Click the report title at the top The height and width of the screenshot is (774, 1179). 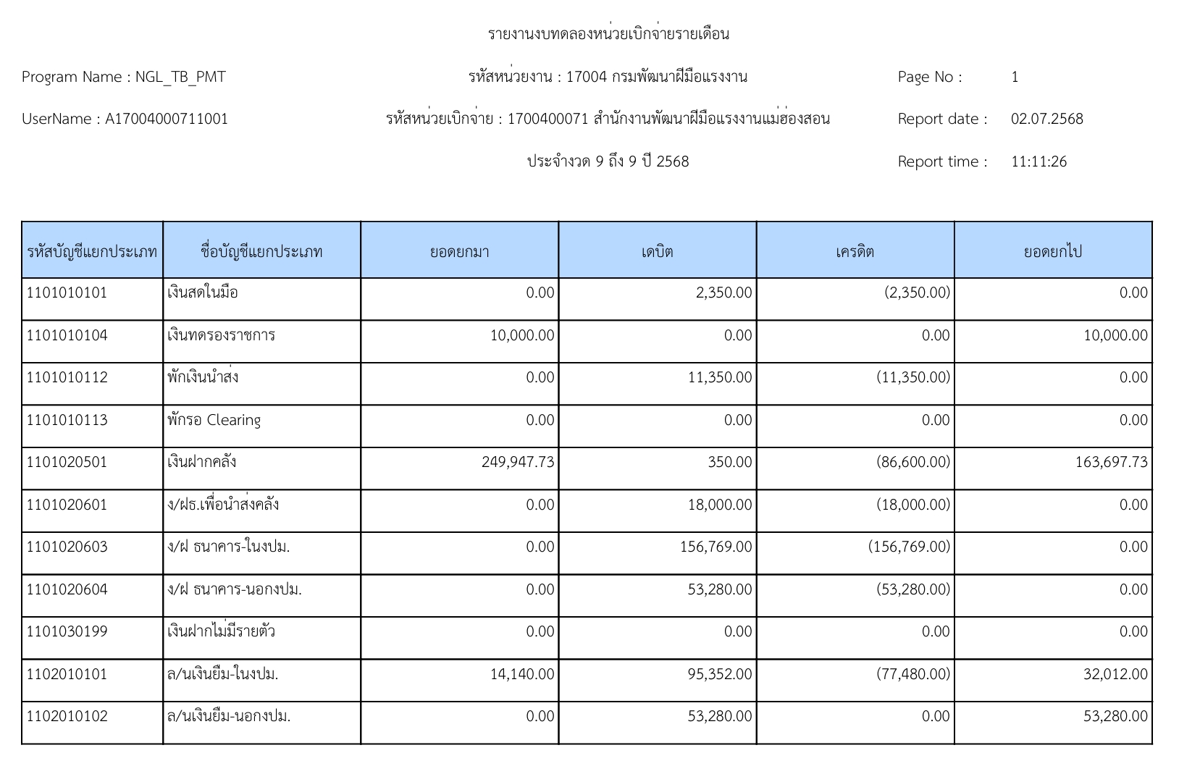(608, 34)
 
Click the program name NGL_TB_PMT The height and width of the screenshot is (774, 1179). (180, 77)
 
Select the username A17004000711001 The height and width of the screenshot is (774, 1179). (167, 119)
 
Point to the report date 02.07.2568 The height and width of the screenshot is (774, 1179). (1046, 119)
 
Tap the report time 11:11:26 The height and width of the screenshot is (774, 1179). (1039, 161)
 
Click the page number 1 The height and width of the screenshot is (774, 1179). (1015, 77)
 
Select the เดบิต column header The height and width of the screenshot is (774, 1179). (657, 252)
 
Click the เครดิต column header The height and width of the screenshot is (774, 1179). (855, 252)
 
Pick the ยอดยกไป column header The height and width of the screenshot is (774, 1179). (1052, 252)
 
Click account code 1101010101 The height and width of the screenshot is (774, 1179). (67, 293)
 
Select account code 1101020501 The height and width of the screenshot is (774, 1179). (67, 463)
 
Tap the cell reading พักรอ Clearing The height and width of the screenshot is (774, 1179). (214, 421)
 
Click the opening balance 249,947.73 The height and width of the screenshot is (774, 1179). (518, 463)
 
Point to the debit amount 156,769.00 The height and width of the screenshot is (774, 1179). (716, 547)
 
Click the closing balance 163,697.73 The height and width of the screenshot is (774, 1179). (1111, 463)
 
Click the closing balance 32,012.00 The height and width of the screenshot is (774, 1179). (1115, 675)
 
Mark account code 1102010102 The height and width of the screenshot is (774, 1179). (67, 717)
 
